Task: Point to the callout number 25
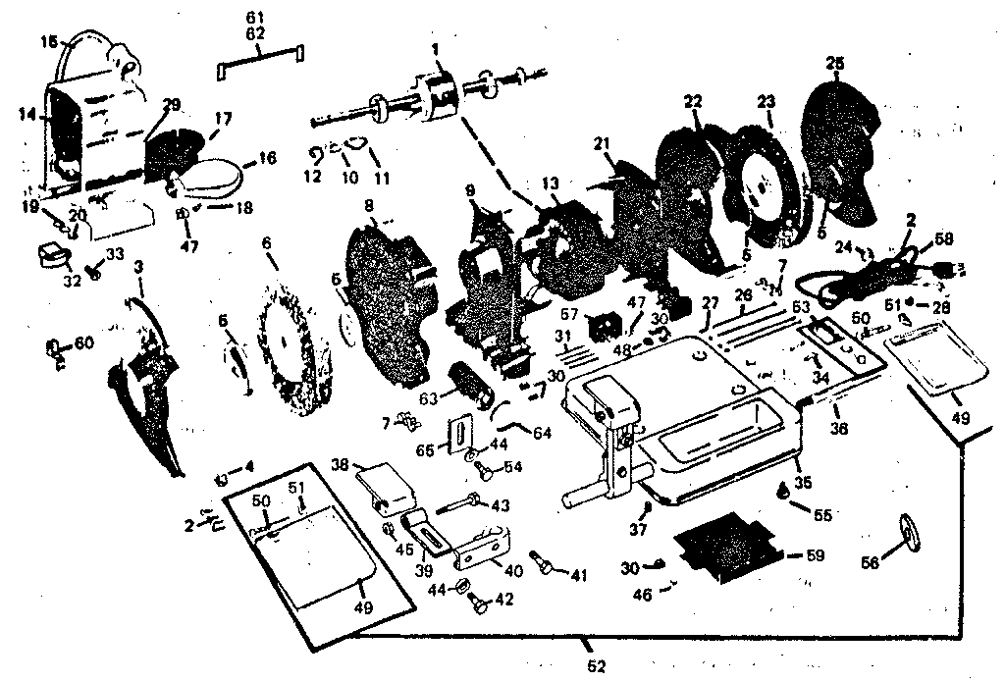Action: [835, 64]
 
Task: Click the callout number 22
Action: [694, 101]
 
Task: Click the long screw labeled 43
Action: [455, 506]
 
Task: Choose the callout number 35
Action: [803, 482]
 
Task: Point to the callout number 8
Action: [369, 206]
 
